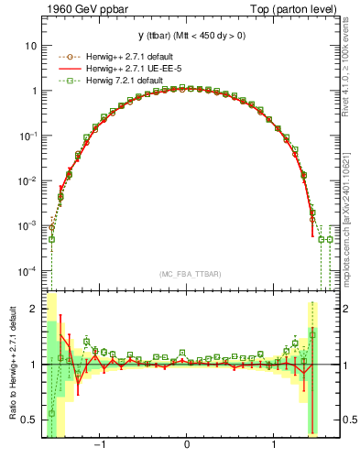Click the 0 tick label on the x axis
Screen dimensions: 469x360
(188, 446)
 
